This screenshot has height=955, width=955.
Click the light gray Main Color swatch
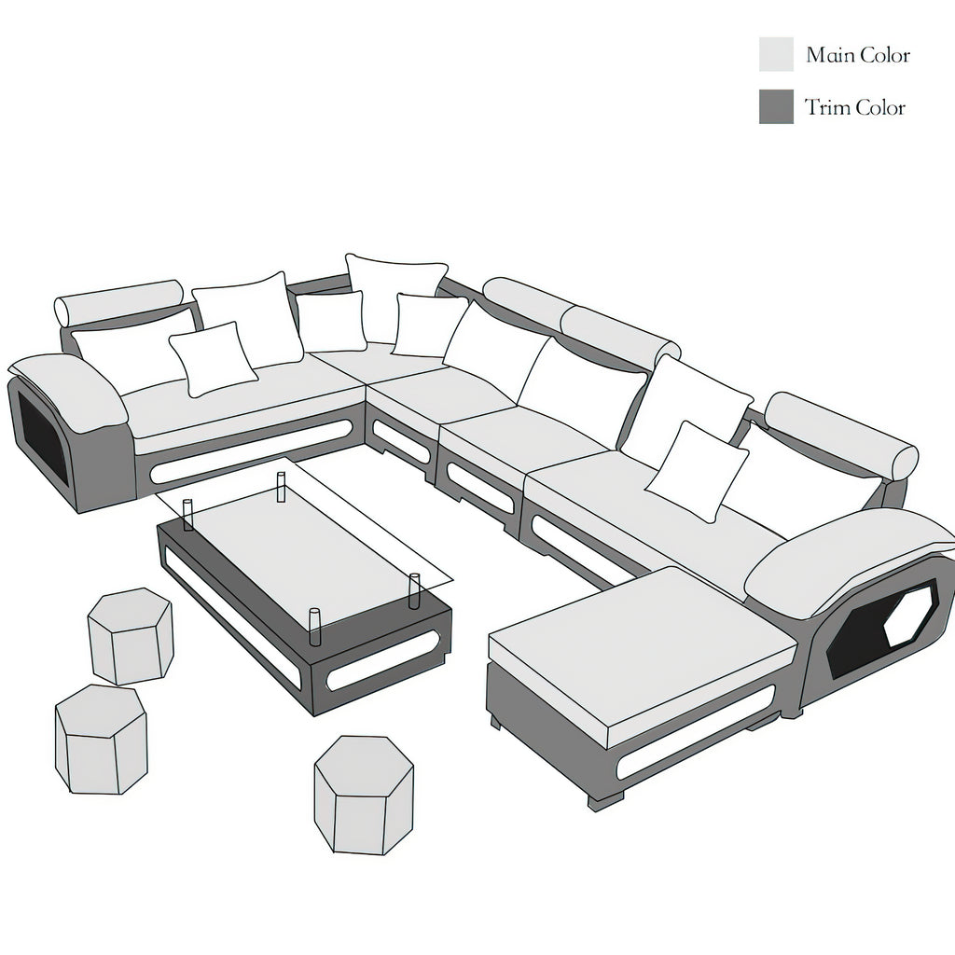(776, 54)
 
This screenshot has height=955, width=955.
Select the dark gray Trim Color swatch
(776, 107)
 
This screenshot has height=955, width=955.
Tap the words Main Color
(858, 55)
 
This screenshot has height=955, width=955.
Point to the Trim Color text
(855, 108)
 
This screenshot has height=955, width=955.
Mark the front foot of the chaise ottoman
(604, 799)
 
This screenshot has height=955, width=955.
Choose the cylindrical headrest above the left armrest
(118, 302)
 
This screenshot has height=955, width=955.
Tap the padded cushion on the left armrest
(71, 390)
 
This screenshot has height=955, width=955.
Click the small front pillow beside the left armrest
(213, 358)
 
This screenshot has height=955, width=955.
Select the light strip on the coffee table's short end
(382, 662)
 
